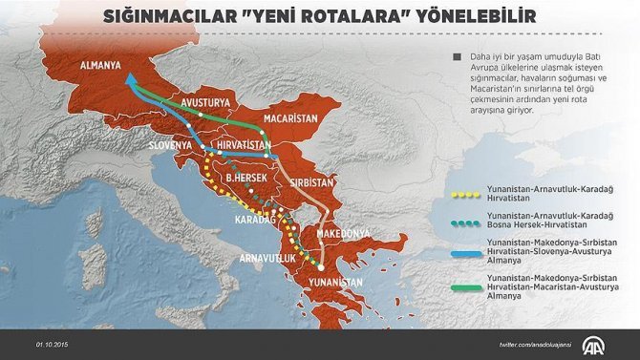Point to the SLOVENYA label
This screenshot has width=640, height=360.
pyautogui.click(x=173, y=146)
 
